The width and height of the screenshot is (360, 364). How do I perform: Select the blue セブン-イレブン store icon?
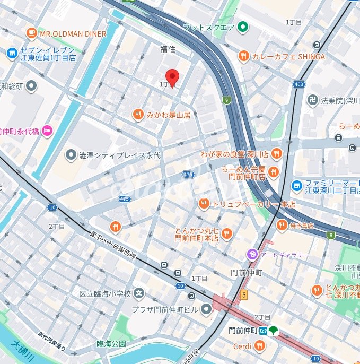[12, 53]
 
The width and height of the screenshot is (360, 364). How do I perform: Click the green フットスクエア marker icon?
[243, 27]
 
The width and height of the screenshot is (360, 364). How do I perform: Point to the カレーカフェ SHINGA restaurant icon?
[244, 57]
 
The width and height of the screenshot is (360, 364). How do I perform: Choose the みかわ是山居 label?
[169, 115]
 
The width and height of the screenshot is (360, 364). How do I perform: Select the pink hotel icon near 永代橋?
[47, 131]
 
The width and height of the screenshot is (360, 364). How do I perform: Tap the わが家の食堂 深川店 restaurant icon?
[276, 154]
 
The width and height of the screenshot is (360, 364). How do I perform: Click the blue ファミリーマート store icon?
[297, 186]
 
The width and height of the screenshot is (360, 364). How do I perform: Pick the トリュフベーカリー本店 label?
[253, 204]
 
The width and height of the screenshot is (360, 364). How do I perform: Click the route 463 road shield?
[298, 84]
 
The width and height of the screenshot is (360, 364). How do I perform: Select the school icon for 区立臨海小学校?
[139, 293]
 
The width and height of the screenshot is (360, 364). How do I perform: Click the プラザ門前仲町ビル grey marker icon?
[206, 309]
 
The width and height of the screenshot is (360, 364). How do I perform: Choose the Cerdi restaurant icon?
[259, 346]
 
